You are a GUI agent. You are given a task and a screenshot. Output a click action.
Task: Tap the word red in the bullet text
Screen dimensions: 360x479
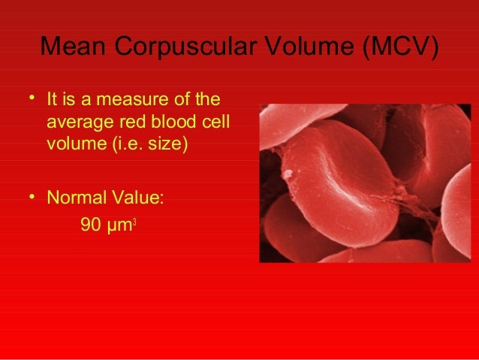pyautogui.click(x=131, y=122)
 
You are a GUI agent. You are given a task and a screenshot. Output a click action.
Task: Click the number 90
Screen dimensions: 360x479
pyautogui.click(x=91, y=224)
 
